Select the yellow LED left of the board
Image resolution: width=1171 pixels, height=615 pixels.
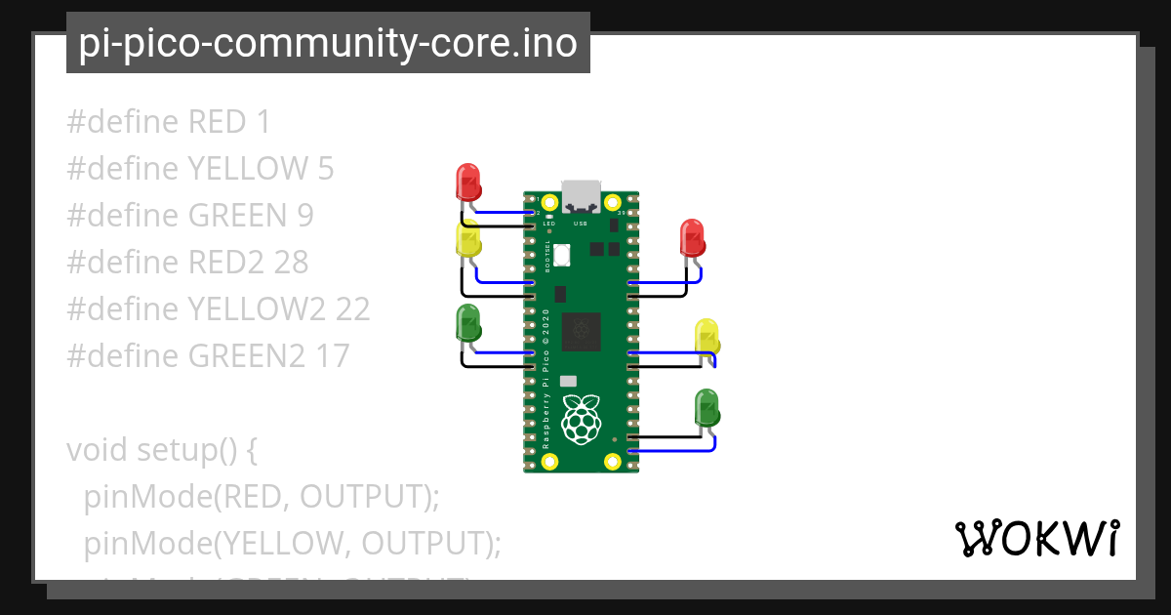pyautogui.click(x=468, y=240)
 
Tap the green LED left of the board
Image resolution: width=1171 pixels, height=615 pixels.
pyautogui.click(x=468, y=324)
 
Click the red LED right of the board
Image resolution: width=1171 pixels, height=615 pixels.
pyautogui.click(x=692, y=238)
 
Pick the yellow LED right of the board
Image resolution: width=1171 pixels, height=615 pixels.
pyautogui.click(x=707, y=337)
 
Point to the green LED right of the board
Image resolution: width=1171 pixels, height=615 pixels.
pyautogui.click(x=707, y=406)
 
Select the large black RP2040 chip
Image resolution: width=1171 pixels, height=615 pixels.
pyautogui.click(x=581, y=332)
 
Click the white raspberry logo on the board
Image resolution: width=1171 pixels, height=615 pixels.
pyautogui.click(x=581, y=418)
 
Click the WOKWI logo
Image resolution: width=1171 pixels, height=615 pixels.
pyautogui.click(x=1036, y=539)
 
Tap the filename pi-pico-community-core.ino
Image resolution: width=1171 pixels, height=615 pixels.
pyautogui.click(x=328, y=43)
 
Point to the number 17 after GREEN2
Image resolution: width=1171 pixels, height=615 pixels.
pyautogui.click(x=331, y=355)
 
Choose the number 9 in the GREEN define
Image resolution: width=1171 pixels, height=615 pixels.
pyautogui.click(x=304, y=215)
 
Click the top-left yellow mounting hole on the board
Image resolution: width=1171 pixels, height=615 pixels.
pyautogui.click(x=549, y=203)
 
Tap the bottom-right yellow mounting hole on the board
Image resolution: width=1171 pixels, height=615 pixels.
pyautogui.click(x=613, y=461)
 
